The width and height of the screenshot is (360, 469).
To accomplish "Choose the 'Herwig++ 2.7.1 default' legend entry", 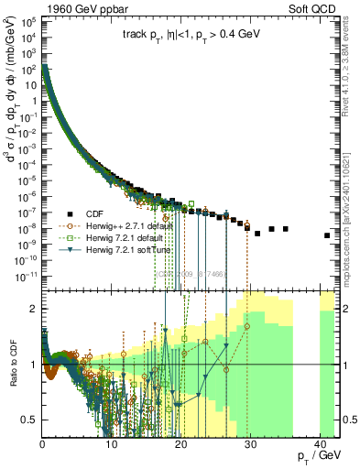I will pos(135,224).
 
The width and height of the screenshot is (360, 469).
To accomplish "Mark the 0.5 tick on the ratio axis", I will pos(33,420).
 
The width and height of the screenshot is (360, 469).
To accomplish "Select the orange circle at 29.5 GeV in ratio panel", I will pos(246,325).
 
